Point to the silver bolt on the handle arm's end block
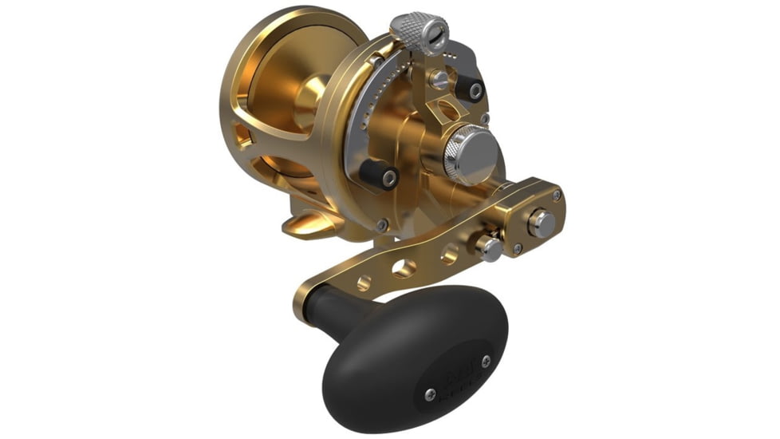pos(542,223)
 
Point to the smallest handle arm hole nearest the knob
pos(364,281)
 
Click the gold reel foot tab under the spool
pos(307,226)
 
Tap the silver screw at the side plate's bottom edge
pos(384,226)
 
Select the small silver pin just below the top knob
pos(438,77)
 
